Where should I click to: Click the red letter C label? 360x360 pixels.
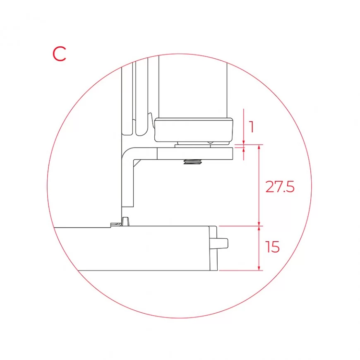click(60, 54)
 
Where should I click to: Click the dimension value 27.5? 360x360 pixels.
click(280, 187)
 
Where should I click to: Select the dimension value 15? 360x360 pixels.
click(272, 247)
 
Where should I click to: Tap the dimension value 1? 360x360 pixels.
click(252, 127)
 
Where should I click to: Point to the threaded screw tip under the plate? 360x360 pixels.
click(193, 162)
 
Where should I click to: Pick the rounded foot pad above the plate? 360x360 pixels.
click(194, 130)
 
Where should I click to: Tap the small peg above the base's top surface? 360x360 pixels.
click(125, 221)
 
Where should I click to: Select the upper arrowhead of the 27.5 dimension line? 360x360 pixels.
click(259, 147)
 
